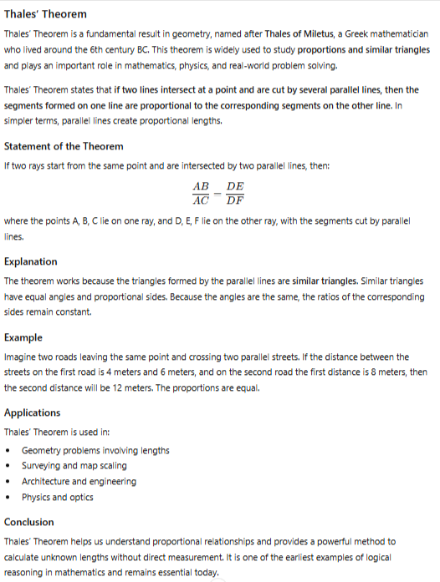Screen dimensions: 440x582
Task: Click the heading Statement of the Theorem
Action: click(64, 146)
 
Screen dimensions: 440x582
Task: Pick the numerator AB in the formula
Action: click(202, 188)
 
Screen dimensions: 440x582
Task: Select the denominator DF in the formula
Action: click(235, 201)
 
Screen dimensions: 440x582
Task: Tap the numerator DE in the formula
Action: click(235, 188)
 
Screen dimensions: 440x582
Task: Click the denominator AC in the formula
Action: click(202, 201)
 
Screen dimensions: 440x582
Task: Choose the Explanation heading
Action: click(31, 261)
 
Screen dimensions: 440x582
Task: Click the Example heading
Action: click(23, 337)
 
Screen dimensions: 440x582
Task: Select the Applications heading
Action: click(33, 412)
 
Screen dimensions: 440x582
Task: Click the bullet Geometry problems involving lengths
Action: click(95, 451)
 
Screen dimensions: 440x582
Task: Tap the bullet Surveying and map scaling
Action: click(74, 466)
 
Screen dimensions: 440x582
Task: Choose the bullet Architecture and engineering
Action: click(79, 482)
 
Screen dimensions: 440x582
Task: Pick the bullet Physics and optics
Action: click(58, 498)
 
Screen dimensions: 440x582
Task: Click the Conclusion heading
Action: click(29, 522)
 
